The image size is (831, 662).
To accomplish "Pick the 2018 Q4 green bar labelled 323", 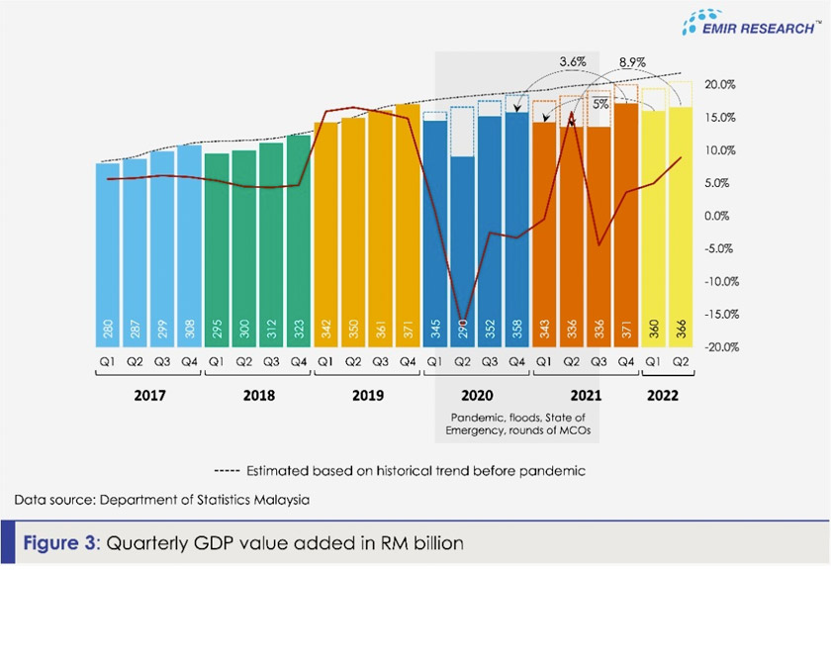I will pos(299,242).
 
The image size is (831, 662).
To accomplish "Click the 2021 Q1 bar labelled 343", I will pos(543,237).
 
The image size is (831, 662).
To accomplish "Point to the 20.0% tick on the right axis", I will pos(721,85).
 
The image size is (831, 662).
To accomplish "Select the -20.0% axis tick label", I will pos(721,347).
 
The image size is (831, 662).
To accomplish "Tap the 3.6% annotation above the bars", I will pos(573,61).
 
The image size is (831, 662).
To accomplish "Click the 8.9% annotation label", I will pos(632,61).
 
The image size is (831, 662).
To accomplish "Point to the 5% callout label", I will pos(600,103).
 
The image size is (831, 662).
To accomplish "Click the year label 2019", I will pos(367,395).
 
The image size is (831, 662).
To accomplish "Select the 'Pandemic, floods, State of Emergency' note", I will pos(517,424).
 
